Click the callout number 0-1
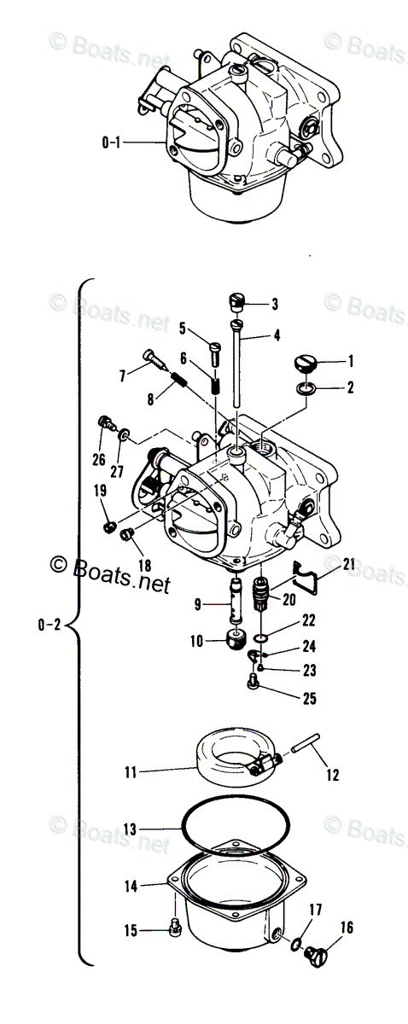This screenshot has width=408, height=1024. [112, 143]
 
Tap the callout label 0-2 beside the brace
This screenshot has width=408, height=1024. [50, 625]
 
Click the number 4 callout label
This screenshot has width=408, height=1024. [277, 336]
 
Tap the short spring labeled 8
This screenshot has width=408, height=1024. [179, 380]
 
